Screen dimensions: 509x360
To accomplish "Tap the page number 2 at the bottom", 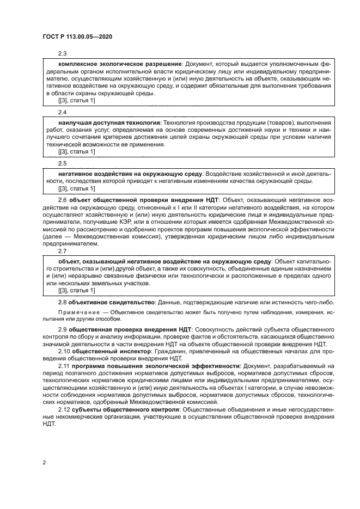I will [44, 462].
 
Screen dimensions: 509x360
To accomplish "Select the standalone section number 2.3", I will [62, 53].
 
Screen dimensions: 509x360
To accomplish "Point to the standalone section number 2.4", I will [62, 112].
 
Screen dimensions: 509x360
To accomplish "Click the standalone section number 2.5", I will [62, 163].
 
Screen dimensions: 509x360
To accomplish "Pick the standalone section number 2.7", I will [62, 251].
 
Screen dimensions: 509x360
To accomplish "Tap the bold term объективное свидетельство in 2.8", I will [112, 302].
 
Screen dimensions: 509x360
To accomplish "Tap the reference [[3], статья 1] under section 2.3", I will [76, 101].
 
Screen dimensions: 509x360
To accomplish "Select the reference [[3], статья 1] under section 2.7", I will [76, 291].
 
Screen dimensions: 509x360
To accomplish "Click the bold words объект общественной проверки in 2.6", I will [114, 200].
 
